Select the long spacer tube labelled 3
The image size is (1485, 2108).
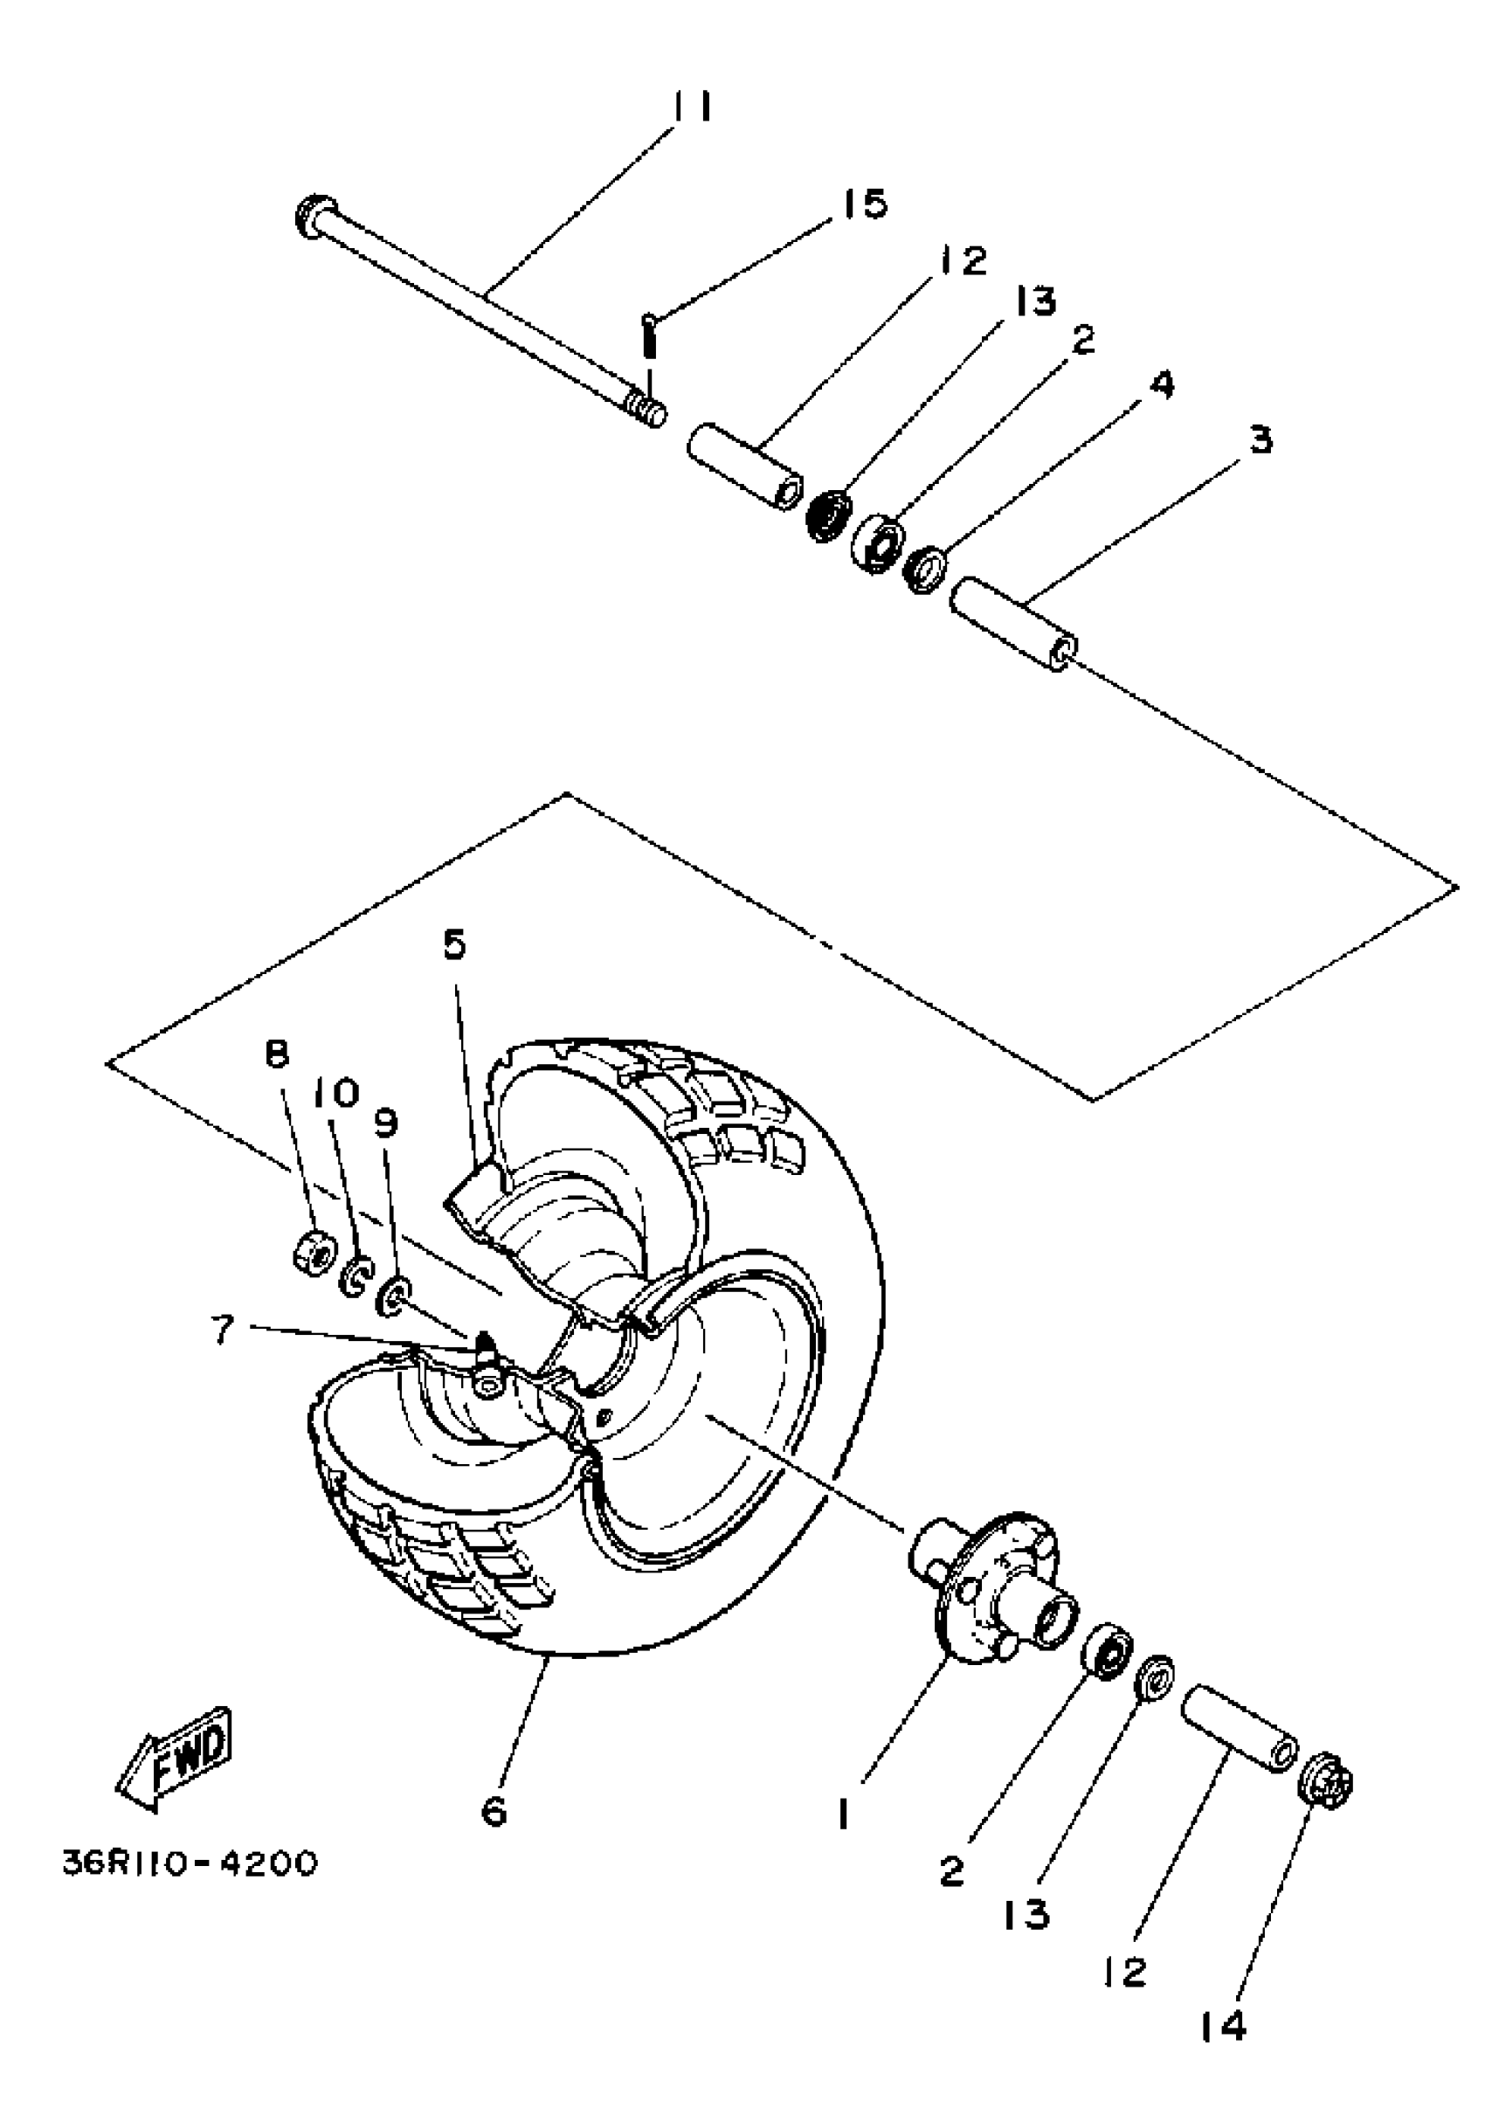1012,624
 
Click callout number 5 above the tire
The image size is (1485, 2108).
454,944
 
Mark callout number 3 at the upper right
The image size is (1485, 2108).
1262,439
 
